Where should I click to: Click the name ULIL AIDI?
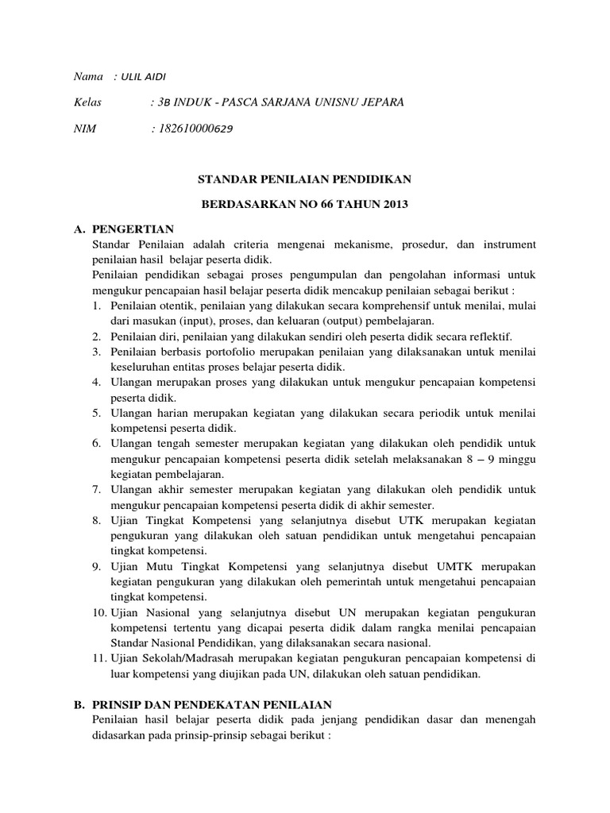pos(144,76)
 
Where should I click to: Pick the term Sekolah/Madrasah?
pos(187,659)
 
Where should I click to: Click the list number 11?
pos(100,659)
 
